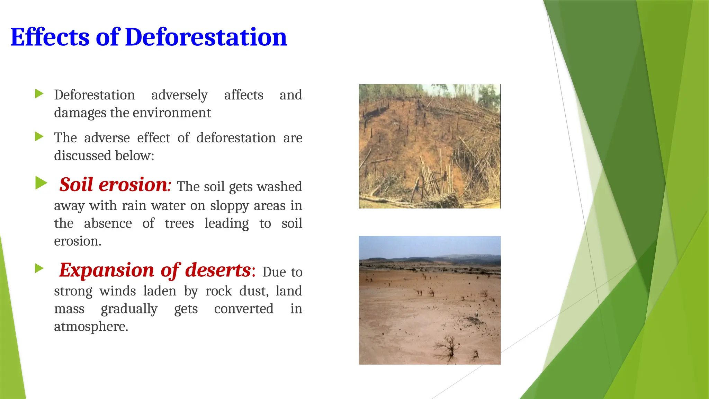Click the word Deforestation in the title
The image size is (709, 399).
point(206,37)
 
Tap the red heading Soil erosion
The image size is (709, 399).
point(114,185)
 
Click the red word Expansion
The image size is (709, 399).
point(106,270)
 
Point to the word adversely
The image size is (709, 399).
point(179,95)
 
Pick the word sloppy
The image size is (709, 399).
point(229,206)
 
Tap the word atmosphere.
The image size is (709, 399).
point(91,327)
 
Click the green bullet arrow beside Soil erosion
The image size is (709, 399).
point(41,183)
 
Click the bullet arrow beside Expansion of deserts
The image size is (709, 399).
point(39,268)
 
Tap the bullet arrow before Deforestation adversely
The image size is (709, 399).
point(39,94)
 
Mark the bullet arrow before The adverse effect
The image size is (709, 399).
point(39,136)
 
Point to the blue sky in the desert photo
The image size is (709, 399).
point(429,246)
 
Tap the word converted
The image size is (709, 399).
point(244,309)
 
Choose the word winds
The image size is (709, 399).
point(118,291)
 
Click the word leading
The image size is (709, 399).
point(226,224)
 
